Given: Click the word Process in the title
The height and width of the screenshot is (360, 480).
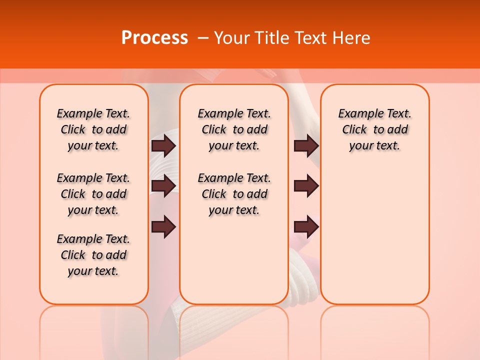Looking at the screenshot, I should coord(154,38).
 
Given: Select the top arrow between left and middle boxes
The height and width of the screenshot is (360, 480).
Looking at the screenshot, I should coord(163,145).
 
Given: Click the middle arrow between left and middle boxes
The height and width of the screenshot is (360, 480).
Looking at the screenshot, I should coord(163,186).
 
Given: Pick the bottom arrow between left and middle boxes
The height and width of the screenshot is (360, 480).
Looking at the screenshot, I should coord(163,226).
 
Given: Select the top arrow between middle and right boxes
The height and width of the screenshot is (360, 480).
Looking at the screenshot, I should coord(306,145).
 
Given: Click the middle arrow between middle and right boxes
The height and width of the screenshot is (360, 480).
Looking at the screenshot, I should coord(306,186).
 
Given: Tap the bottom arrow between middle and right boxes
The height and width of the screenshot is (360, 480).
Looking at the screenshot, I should coord(306,226).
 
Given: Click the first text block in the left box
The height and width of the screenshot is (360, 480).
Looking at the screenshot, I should coord(93,129).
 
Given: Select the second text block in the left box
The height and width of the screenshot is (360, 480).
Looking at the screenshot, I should coord(93,194).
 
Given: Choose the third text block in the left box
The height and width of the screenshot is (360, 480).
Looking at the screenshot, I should coord(93,255).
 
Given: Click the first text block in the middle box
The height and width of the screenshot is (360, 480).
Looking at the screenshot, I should coord(234,129).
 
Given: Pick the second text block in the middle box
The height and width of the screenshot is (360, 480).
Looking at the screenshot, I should coord(234,194).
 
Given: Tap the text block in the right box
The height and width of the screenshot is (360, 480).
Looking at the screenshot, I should coord(375,129).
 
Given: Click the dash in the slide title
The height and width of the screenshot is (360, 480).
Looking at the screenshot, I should coord(203,38).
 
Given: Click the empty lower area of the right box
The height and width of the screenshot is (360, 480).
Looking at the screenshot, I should coord(375,240).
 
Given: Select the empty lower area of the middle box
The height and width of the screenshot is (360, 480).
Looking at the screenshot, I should coord(234,260).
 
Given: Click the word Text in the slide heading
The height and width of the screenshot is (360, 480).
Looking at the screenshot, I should coord(310,38).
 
